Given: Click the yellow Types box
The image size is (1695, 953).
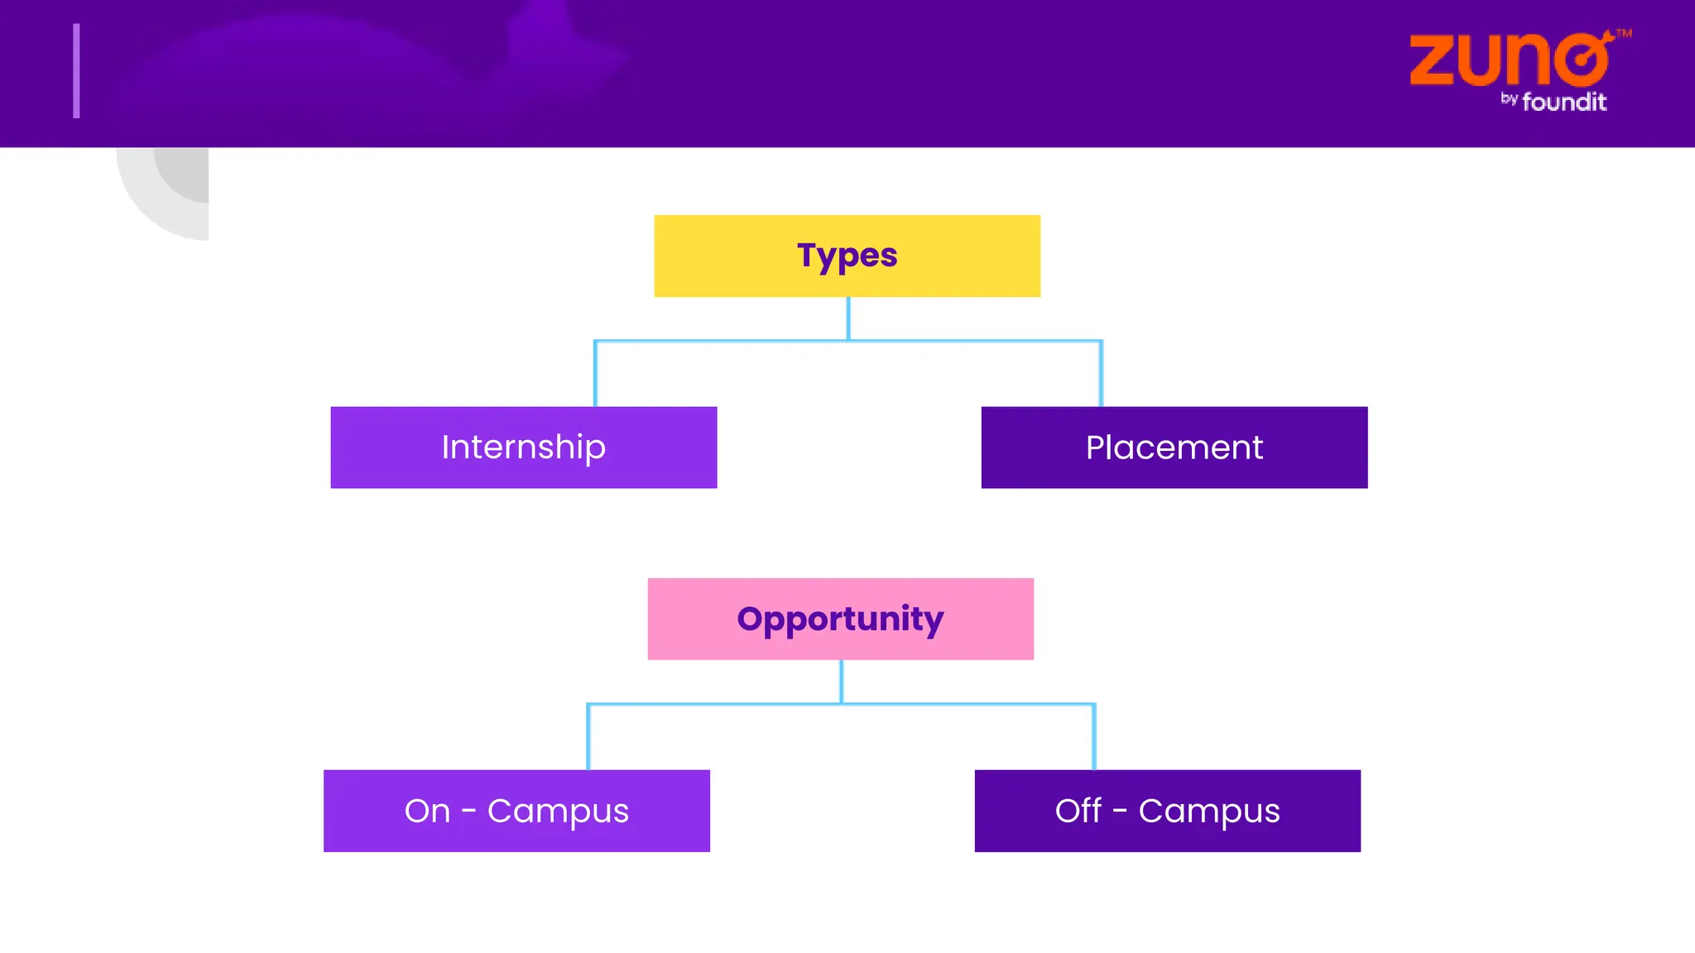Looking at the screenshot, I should [847, 256].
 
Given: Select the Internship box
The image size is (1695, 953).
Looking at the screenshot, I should [523, 448].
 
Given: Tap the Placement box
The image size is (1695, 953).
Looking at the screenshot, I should [1174, 448].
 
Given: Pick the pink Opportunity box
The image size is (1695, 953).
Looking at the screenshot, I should [840, 619].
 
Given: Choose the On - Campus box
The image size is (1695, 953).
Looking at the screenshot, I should [516, 811].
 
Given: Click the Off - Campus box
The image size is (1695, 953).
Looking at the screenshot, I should [1167, 811].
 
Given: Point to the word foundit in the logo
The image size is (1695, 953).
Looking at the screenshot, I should [1564, 102].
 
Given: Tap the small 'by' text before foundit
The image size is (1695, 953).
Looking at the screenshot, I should [1509, 98].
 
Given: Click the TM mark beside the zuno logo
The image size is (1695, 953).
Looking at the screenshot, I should [1624, 34].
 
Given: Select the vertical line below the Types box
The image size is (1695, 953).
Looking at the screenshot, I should [847, 318].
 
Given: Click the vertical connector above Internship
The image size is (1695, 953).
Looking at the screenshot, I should [595, 374].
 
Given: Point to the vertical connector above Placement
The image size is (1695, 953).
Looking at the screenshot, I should [1101, 374].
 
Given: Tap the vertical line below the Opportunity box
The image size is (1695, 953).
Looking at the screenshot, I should [841, 682].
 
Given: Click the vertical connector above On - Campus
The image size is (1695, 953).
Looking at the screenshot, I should [588, 737].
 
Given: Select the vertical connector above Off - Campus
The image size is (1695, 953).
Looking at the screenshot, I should [1094, 737].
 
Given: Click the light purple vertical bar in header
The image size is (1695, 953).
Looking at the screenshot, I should [76, 71].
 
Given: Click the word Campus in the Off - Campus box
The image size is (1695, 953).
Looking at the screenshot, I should [1208, 811].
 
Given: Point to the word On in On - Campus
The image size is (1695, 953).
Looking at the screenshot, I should [427, 811].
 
